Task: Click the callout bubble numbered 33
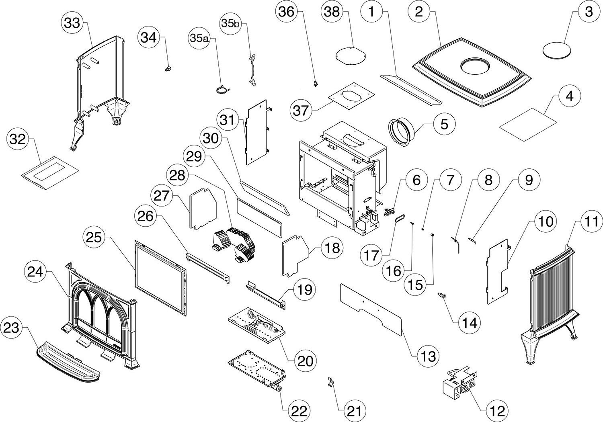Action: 72,23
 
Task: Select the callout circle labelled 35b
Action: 230,23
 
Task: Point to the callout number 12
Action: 497,410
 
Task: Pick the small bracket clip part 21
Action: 330,381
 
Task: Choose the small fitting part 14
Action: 443,297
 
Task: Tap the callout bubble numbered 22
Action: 298,410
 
